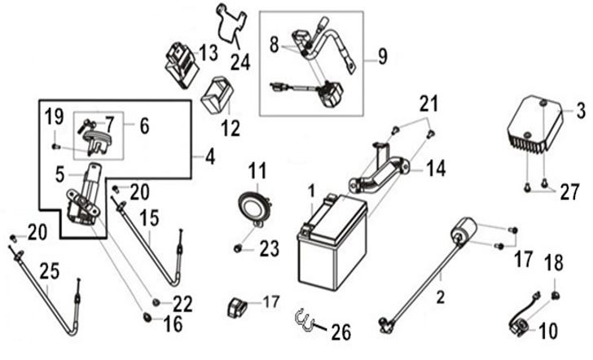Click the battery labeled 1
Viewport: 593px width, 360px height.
click(x=332, y=242)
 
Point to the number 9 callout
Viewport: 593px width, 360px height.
click(x=383, y=57)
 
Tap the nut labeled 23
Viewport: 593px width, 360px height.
click(x=238, y=248)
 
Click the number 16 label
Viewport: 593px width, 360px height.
click(x=173, y=323)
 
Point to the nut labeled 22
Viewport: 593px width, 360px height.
click(x=156, y=301)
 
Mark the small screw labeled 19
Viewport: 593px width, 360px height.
click(x=56, y=146)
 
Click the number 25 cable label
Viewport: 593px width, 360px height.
click(x=50, y=271)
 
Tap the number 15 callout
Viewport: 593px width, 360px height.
click(x=149, y=217)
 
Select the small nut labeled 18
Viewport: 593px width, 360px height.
click(x=555, y=296)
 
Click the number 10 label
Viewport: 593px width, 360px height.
click(x=547, y=331)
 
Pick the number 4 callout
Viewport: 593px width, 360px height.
click(x=210, y=156)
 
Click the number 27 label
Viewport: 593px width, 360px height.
click(x=569, y=191)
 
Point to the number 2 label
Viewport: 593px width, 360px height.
click(x=440, y=297)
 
